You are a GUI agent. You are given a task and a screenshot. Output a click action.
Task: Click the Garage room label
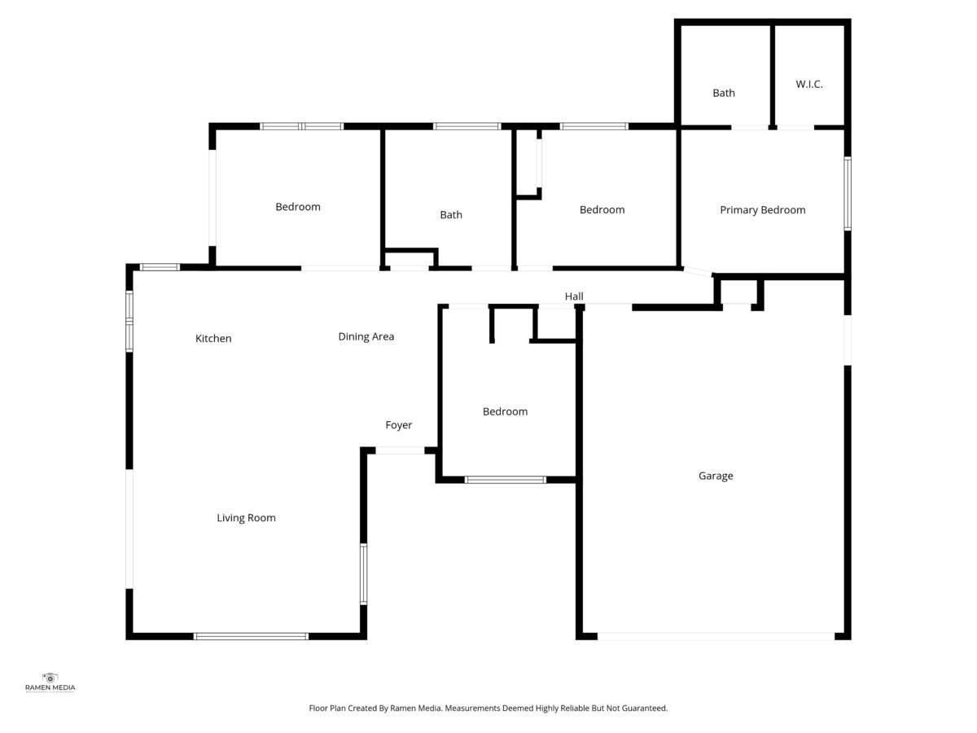pyautogui.click(x=716, y=476)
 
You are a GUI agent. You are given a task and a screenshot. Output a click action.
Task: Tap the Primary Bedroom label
pyautogui.click(x=762, y=210)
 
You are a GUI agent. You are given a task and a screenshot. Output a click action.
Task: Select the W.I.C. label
pyautogui.click(x=808, y=84)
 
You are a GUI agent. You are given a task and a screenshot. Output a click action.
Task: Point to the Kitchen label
pyautogui.click(x=213, y=339)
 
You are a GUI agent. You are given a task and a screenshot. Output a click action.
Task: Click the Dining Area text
pyautogui.click(x=366, y=337)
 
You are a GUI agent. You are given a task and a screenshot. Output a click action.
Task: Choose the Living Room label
pyautogui.click(x=246, y=518)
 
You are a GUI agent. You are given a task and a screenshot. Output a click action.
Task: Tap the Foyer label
pyautogui.click(x=398, y=425)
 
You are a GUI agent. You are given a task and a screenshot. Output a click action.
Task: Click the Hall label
pyautogui.click(x=574, y=296)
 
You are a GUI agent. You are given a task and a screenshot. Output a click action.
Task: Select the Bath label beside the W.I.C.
pyautogui.click(x=723, y=93)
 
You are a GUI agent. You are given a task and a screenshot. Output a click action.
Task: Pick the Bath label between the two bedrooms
pyautogui.click(x=451, y=215)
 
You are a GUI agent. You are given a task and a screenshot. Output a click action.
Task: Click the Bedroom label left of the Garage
pyautogui.click(x=506, y=411)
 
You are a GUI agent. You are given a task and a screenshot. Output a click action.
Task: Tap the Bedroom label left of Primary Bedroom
pyautogui.click(x=602, y=210)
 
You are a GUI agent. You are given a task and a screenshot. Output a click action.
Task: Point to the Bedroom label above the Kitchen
pyautogui.click(x=298, y=207)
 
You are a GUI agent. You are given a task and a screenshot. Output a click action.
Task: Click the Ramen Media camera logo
pyautogui.click(x=50, y=678)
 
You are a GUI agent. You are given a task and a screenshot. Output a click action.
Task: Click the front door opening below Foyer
pyautogui.click(x=400, y=450)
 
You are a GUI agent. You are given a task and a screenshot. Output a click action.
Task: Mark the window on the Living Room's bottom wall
pyautogui.click(x=251, y=636)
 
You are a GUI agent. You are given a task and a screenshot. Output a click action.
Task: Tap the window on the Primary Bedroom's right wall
pyautogui.click(x=848, y=194)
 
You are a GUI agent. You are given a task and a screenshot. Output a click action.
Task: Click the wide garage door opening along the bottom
pyautogui.click(x=716, y=636)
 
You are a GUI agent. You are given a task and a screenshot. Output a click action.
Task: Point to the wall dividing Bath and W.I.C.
pyautogui.click(x=773, y=76)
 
